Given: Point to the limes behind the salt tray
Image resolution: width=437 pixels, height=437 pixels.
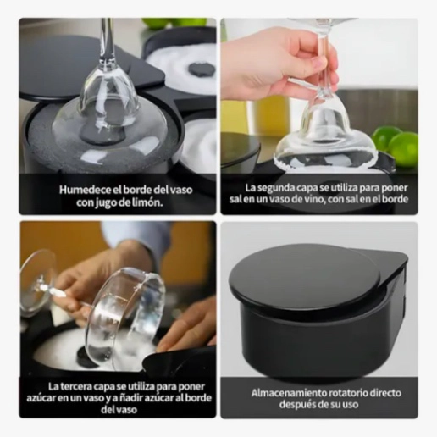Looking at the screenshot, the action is [175, 24].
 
